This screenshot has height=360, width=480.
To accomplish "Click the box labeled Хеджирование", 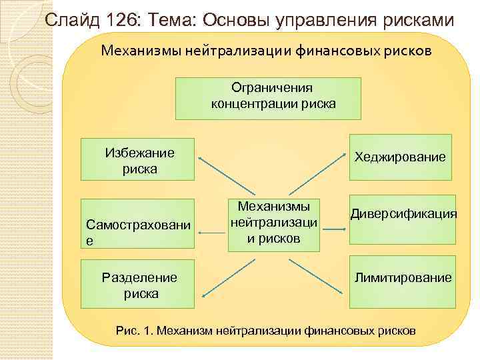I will point(399,157).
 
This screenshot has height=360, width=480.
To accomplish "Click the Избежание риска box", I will point(137,160).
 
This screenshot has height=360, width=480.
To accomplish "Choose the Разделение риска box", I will point(137,285).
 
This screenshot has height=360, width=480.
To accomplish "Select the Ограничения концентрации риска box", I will point(268,97).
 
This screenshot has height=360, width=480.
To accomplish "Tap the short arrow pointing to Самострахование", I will point(211,233).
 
